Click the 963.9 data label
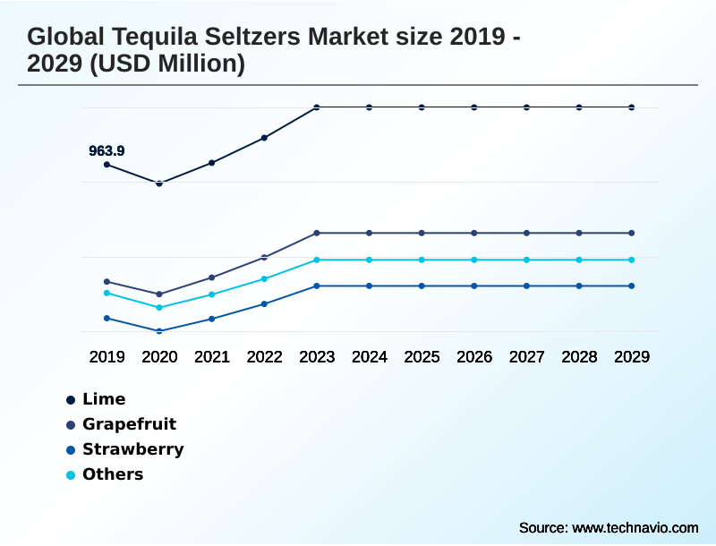[107, 151]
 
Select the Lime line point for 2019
[107, 165]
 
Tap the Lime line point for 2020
[159, 183]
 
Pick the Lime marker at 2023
[317, 107]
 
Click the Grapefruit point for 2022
[264, 257]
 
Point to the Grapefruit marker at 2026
[474, 233]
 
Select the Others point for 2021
[212, 294]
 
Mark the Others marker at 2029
[632, 260]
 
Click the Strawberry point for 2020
[159, 331]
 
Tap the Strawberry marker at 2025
[422, 286]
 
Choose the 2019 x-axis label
[107, 356]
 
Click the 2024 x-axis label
[370, 356]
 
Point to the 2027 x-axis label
[527, 356]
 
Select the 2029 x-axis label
[632, 356]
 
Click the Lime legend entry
[103, 399]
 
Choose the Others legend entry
[112, 474]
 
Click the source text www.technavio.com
[635, 527]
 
